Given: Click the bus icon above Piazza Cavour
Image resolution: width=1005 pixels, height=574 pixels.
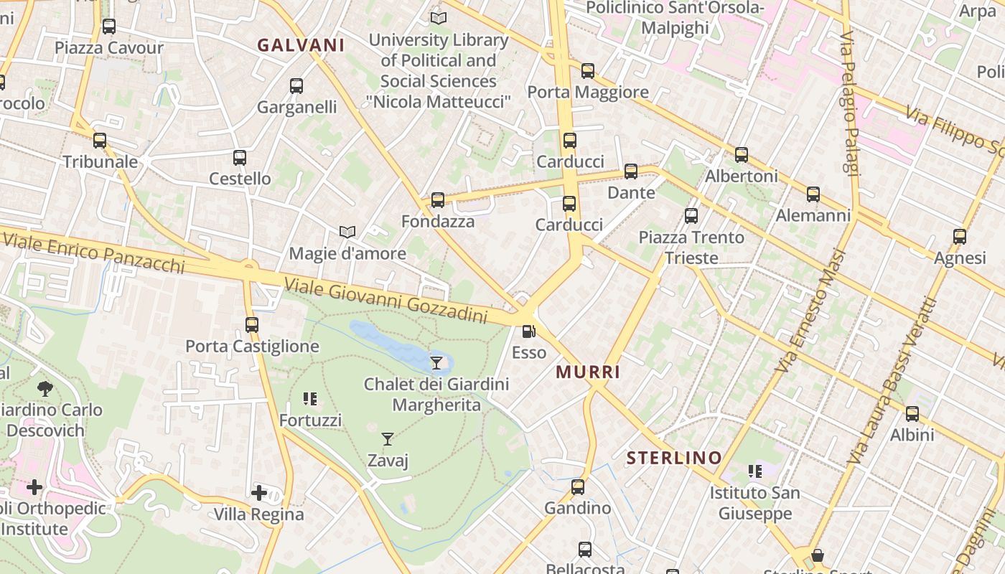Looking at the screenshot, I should (x=109, y=27).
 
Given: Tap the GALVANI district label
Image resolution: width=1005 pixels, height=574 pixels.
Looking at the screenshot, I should (x=301, y=45).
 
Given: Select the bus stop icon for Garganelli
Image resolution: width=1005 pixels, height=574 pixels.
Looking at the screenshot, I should (x=296, y=86).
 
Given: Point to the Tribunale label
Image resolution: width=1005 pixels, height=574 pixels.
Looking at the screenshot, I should (x=100, y=161).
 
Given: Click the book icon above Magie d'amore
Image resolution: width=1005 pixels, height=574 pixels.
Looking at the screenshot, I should (x=347, y=232).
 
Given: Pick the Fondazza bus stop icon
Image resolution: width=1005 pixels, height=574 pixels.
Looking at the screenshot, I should (x=438, y=200).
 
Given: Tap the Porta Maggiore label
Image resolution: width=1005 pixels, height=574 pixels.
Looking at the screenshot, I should (x=588, y=92).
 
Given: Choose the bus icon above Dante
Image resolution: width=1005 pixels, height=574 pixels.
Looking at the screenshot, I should (x=631, y=171).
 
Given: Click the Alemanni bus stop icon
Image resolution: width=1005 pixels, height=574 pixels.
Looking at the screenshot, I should (x=813, y=194).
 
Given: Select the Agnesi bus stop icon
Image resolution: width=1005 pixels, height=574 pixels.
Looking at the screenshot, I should (x=960, y=237).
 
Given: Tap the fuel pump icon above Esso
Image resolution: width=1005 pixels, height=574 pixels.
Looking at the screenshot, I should (x=529, y=331).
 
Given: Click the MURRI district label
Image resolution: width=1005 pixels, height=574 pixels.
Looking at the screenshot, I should (x=588, y=372).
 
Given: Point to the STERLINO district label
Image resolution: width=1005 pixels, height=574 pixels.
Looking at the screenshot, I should (x=674, y=458).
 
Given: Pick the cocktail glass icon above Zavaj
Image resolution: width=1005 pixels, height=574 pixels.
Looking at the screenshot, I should (x=388, y=438).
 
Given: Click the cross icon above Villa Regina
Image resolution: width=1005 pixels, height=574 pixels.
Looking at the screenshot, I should (x=259, y=493).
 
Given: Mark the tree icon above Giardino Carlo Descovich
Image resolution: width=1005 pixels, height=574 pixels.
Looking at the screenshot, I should (x=45, y=389).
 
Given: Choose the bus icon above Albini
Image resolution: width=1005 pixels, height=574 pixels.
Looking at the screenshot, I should (x=912, y=414).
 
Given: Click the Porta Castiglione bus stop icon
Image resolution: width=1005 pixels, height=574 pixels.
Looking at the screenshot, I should (x=252, y=325).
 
